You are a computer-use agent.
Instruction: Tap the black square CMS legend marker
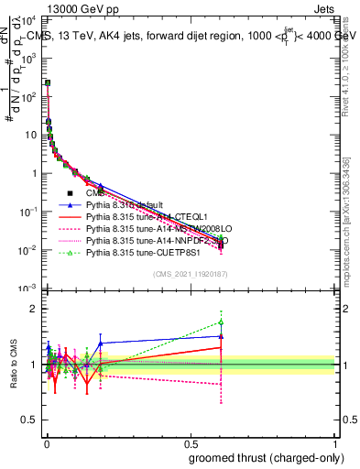point(70,192)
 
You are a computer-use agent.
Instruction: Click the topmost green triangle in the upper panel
point(48,83)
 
